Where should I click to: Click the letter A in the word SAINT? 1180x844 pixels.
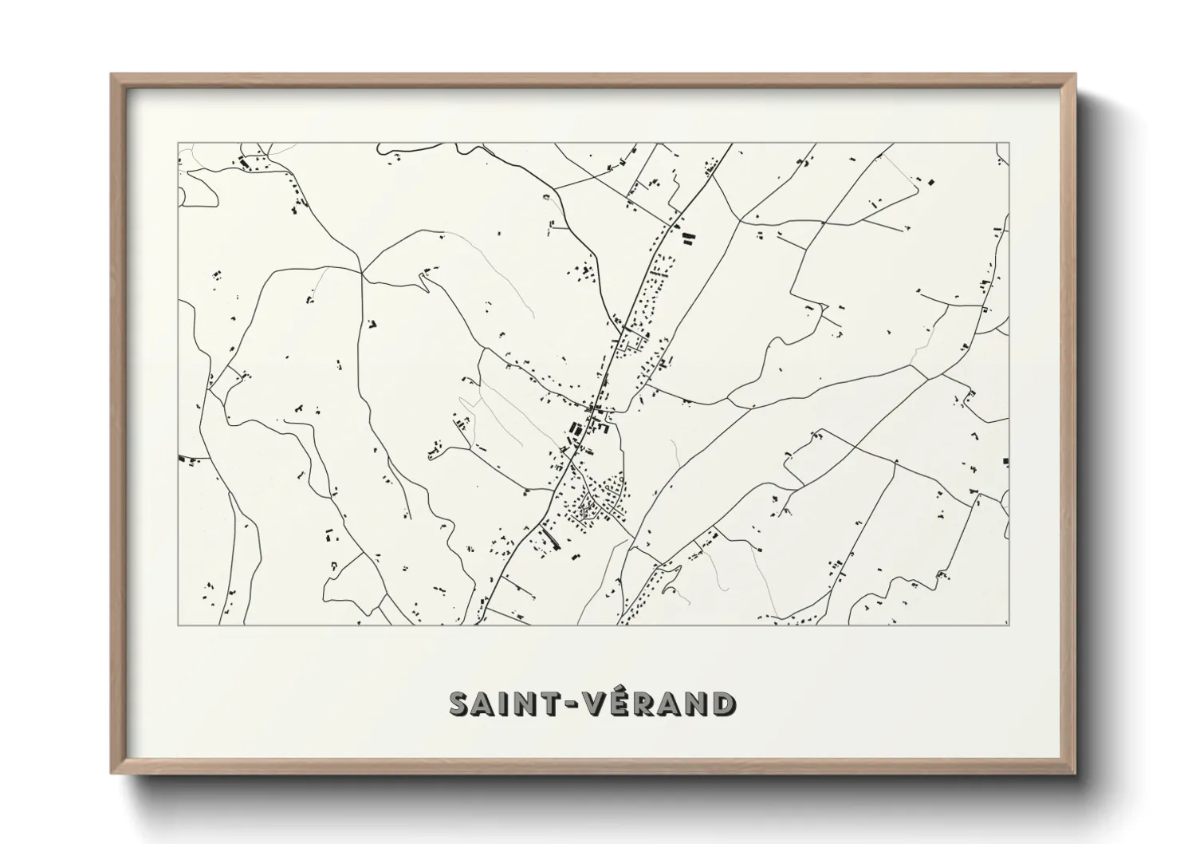(x=491, y=704)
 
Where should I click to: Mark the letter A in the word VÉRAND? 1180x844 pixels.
(x=692, y=704)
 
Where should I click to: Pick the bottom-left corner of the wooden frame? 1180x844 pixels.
(x=112, y=773)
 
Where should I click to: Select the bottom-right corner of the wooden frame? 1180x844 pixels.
(x=1076, y=773)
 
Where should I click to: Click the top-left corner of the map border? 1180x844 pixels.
(x=178, y=143)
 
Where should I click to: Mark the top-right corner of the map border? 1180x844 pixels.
(x=1009, y=143)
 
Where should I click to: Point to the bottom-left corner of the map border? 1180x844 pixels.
(x=178, y=625)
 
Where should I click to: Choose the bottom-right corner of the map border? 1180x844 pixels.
(x=1009, y=625)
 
